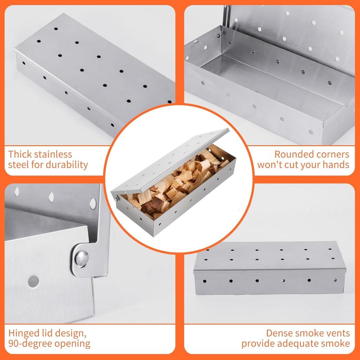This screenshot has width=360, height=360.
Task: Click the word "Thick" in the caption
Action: click(21, 154)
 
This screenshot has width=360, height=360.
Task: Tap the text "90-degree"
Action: click(32, 343)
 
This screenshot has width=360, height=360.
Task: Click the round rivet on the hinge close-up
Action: click(82, 258)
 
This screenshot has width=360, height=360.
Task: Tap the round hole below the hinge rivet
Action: click(33, 281)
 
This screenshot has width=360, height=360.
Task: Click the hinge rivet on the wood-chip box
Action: click(116, 199)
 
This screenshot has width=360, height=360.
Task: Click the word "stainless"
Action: click(54, 154)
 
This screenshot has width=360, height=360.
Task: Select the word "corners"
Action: click(329, 154)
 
